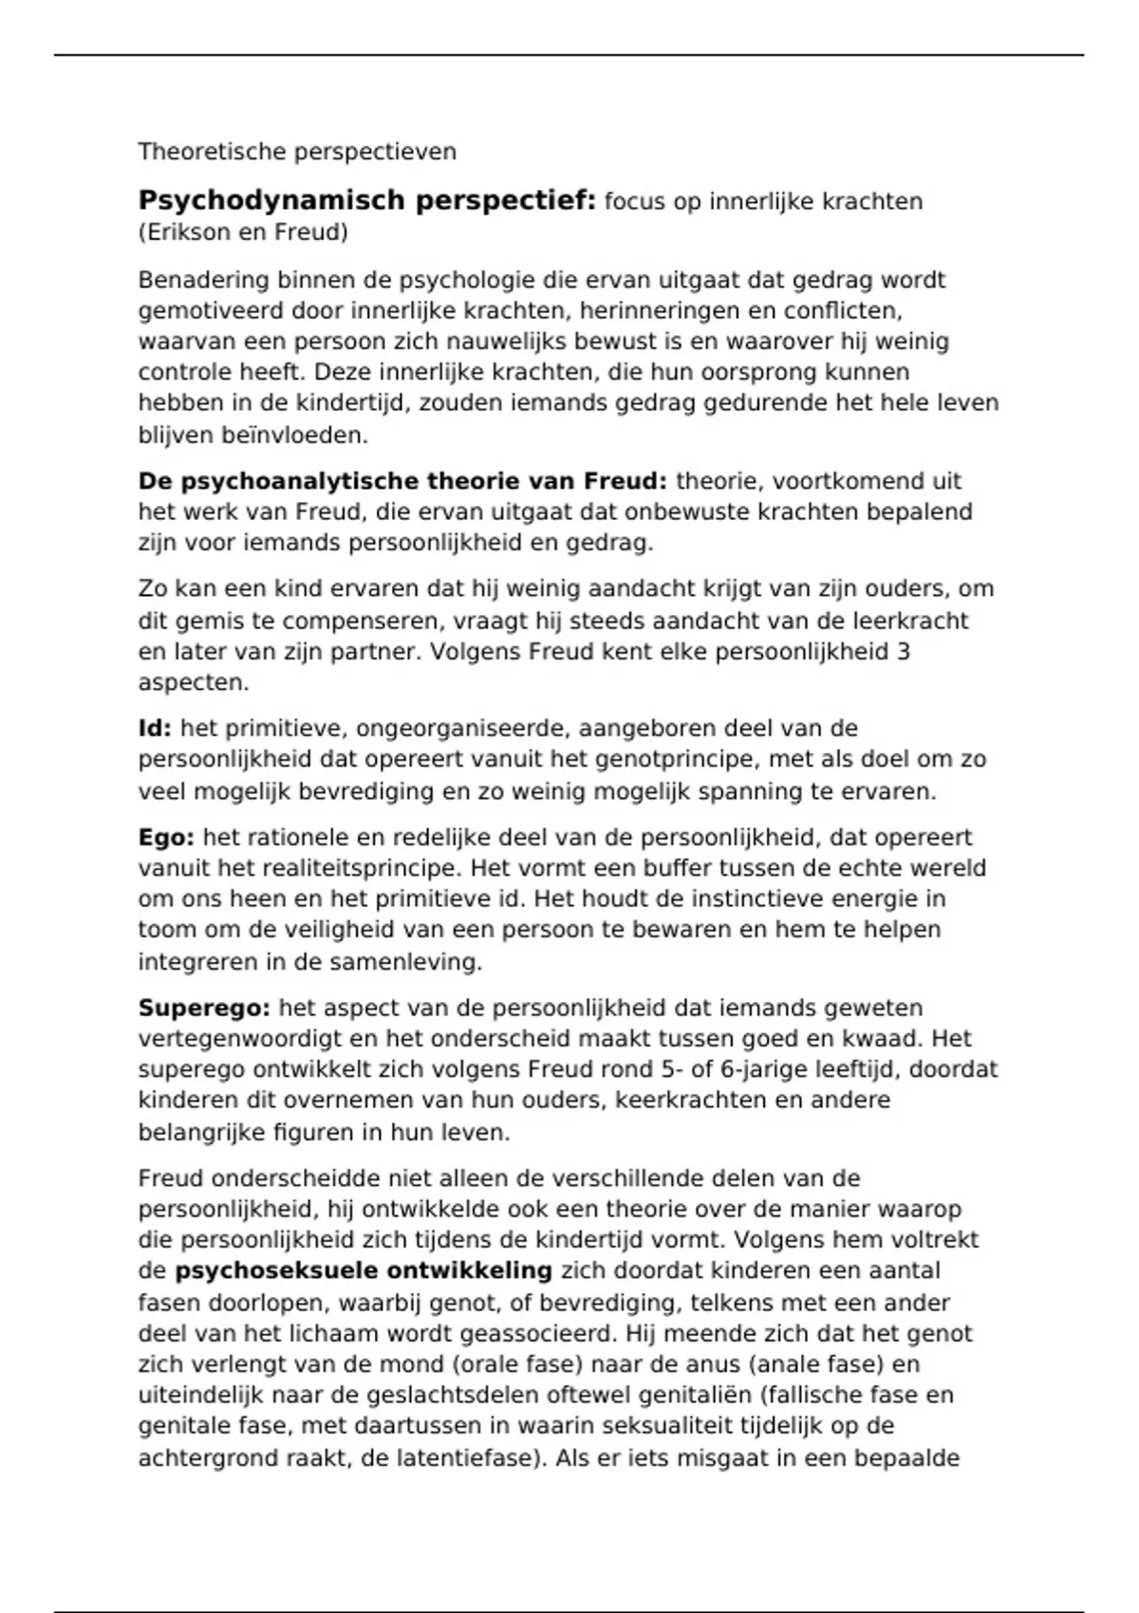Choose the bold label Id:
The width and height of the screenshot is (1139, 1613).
pyautogui.click(x=155, y=729)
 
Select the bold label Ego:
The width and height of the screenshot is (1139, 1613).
pyautogui.click(x=166, y=838)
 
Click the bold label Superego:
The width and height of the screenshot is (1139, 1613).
pyautogui.click(x=204, y=1008)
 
